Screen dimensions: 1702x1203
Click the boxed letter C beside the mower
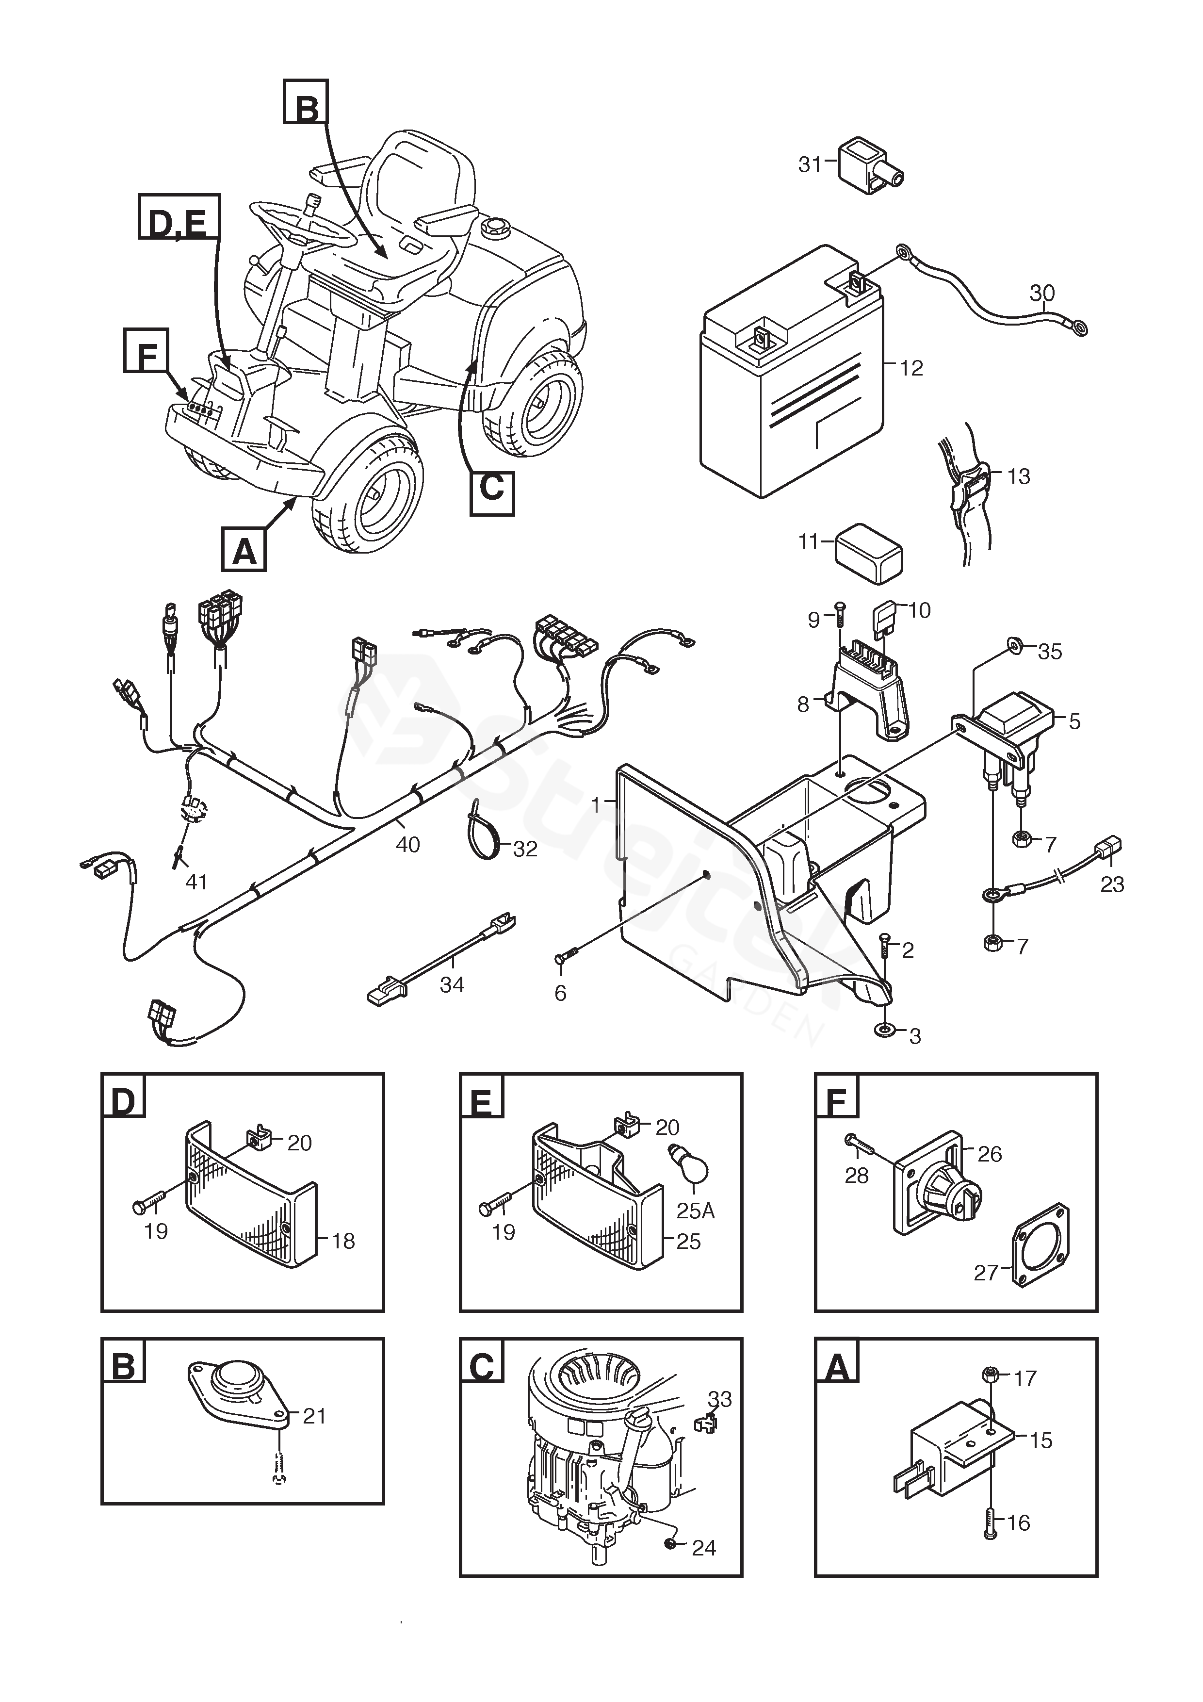pyautogui.click(x=492, y=488)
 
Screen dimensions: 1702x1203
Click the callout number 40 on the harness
pyautogui.click(x=407, y=844)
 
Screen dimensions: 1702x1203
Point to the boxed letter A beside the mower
pyautogui.click(x=244, y=552)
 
